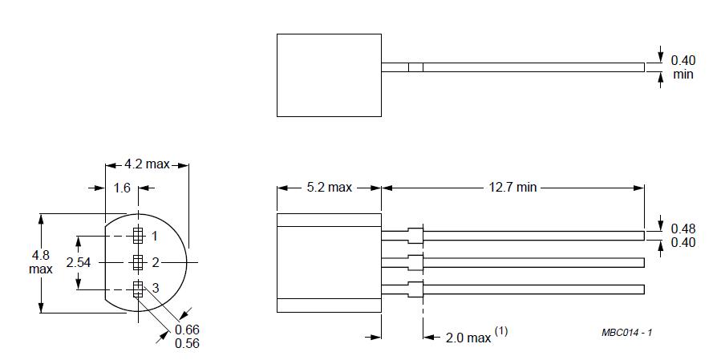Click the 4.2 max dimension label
click(147, 164)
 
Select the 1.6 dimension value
click(122, 188)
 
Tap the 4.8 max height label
click(41, 261)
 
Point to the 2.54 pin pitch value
click(79, 263)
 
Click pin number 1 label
click(155, 237)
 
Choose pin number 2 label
click(156, 263)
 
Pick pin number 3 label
click(156, 289)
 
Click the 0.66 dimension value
click(187, 330)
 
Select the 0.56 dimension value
click(187, 343)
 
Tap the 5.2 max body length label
click(330, 188)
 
